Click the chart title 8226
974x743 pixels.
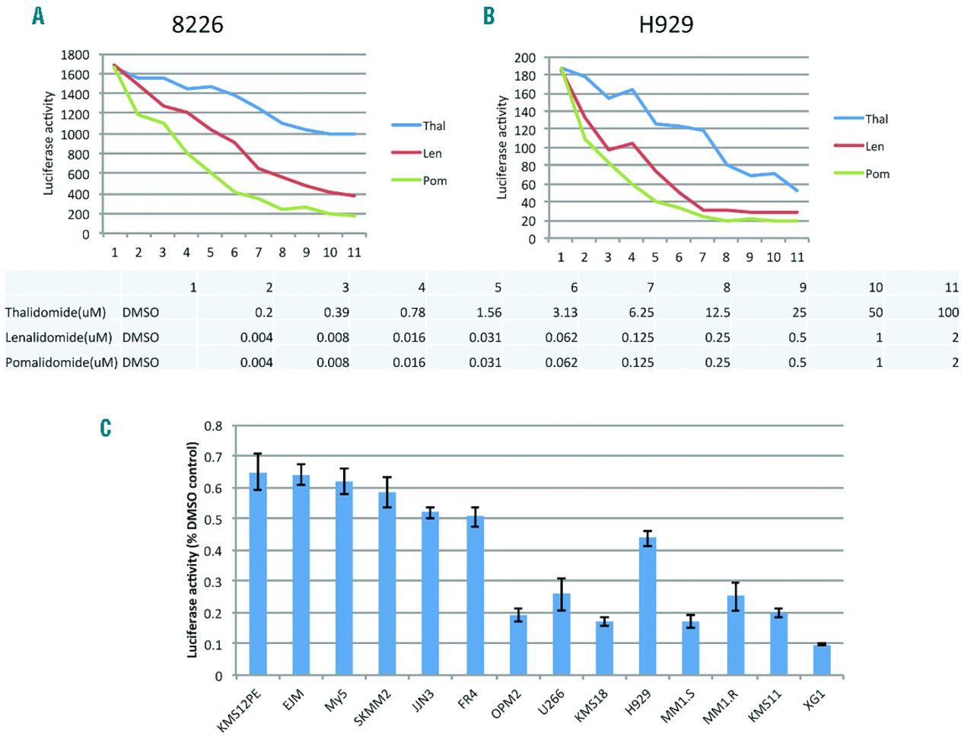[197, 24]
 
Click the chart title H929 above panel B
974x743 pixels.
[666, 24]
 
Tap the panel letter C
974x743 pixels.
[106, 428]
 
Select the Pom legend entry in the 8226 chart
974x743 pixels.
[434, 180]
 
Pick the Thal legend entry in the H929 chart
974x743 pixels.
[876, 119]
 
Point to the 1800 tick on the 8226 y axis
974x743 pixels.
[75, 55]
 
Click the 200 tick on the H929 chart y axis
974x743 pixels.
[524, 58]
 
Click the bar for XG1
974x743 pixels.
[822, 660]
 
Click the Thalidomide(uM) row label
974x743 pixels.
[56, 312]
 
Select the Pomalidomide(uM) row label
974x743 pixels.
[61, 362]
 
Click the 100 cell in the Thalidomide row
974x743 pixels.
[947, 312]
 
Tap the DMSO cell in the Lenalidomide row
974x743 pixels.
[141, 337]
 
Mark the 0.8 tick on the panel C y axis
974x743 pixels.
[213, 426]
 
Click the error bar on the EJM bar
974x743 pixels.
[301, 475]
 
